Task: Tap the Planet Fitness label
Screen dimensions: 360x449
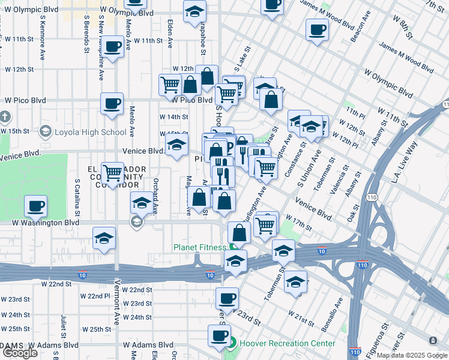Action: (200, 247)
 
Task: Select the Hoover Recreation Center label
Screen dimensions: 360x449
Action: (287, 344)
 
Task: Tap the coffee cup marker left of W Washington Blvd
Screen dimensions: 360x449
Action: (35, 206)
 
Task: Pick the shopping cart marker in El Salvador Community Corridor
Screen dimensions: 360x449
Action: (112, 173)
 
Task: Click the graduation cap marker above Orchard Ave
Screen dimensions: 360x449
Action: (142, 203)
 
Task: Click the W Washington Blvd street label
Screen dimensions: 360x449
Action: (46, 222)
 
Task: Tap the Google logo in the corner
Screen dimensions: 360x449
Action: (20, 353)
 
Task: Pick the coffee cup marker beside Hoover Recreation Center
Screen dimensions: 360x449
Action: (219, 335)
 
